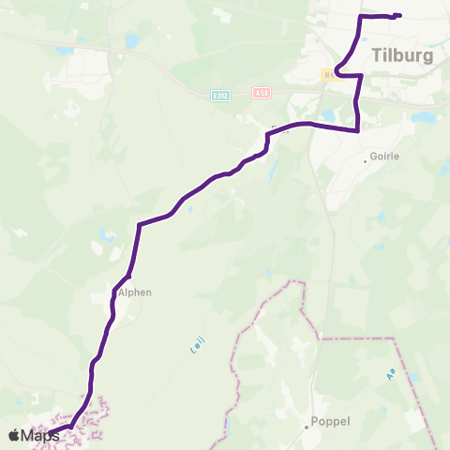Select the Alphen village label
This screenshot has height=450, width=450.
point(134,292)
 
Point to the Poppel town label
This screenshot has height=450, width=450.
point(330,421)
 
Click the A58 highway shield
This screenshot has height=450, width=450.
point(262,93)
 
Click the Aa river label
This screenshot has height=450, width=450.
point(390,374)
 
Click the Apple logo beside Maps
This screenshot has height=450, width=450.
point(14,435)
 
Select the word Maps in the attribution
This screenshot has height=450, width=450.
point(40,435)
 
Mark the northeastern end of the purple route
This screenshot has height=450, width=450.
point(399,15)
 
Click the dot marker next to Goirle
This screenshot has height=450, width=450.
point(366,160)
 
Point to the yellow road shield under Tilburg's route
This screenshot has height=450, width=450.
point(329,75)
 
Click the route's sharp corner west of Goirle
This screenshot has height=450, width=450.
point(359,131)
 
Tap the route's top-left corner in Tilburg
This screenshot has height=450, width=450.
point(362,17)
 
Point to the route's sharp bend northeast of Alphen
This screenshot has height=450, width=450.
point(139,224)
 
